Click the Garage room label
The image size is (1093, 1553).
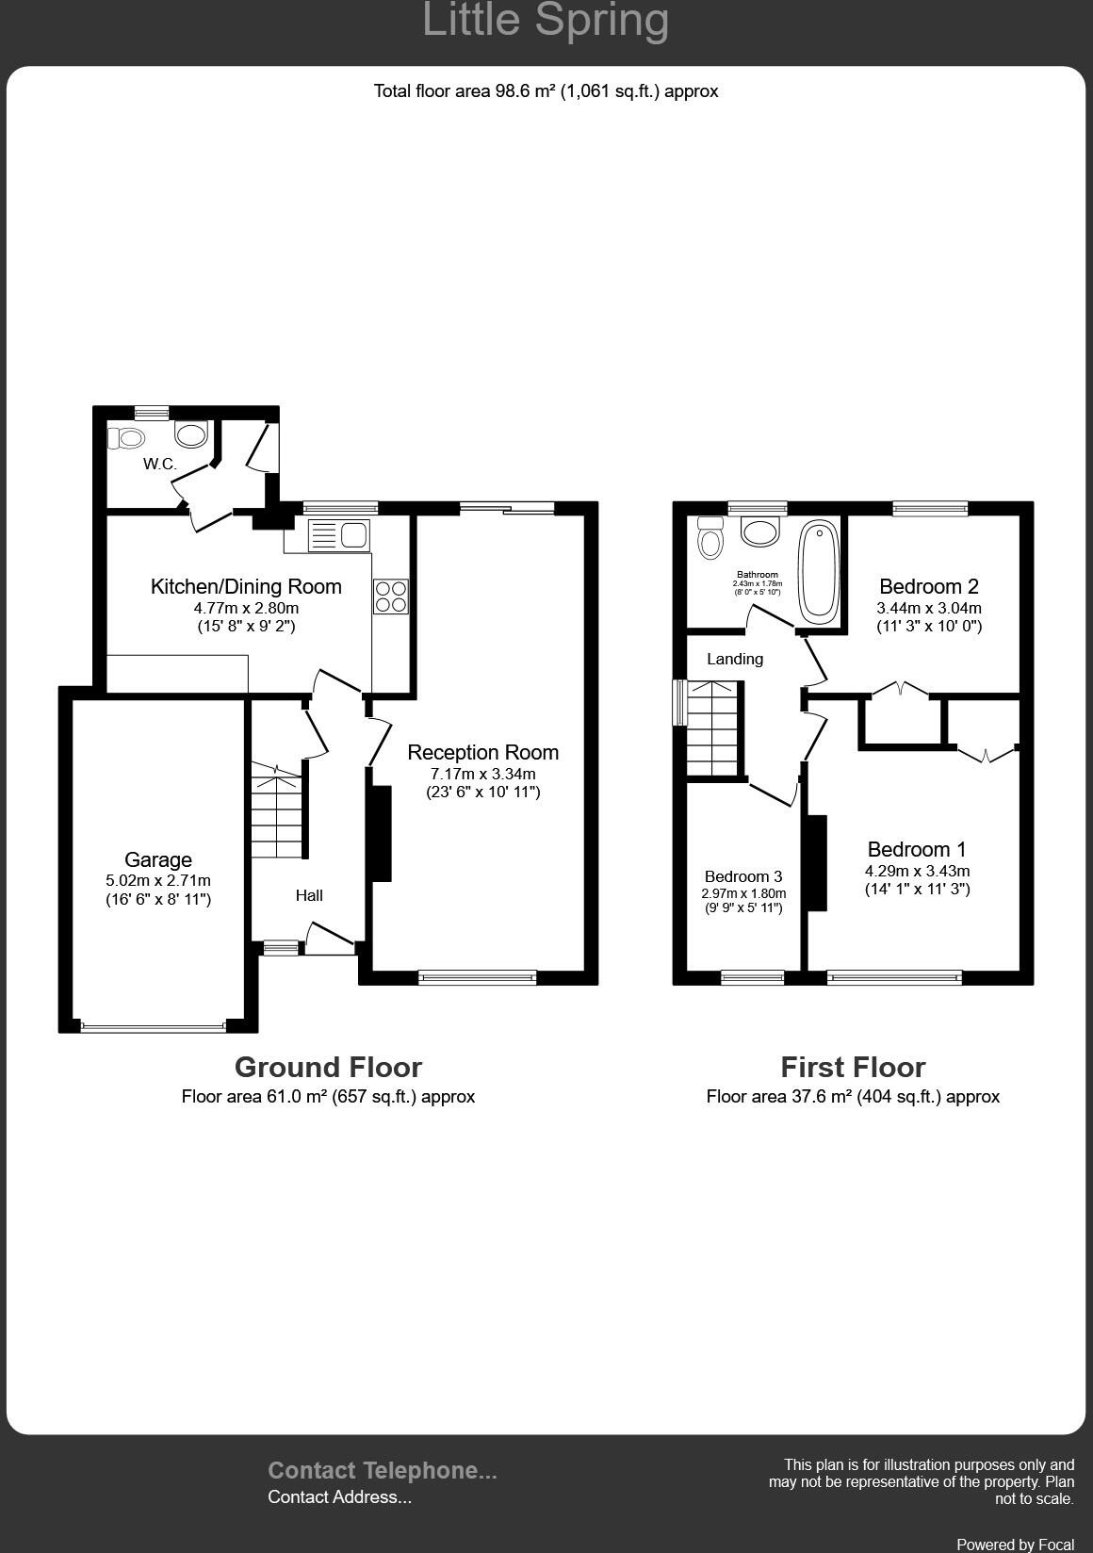click(158, 859)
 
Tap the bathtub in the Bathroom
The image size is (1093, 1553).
click(819, 571)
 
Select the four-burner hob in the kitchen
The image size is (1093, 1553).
click(391, 597)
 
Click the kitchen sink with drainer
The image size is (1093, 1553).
click(338, 535)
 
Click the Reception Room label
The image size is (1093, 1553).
click(482, 752)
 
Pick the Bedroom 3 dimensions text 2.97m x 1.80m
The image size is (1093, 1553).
click(743, 893)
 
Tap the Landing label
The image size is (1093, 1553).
click(735, 659)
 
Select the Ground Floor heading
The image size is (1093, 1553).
click(328, 1067)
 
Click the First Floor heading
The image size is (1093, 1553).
click(853, 1067)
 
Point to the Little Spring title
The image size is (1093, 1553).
click(546, 21)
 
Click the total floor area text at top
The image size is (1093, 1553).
click(546, 91)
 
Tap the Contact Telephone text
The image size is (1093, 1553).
click(382, 1470)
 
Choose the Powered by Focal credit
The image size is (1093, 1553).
click(1015, 1545)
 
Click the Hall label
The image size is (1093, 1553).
click(309, 895)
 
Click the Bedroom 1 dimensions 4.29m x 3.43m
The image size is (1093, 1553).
click(917, 871)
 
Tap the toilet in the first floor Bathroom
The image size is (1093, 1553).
click(710, 538)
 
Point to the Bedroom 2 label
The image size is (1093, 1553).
click(929, 586)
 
